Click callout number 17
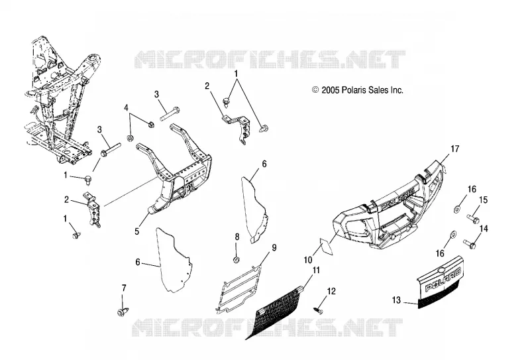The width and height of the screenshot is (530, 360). point(455,149)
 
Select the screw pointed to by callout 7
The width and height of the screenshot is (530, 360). point(121,312)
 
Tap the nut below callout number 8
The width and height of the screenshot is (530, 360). point(237,260)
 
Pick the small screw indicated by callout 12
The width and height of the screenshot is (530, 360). point(319,309)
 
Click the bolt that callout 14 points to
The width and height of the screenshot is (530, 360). point(470,243)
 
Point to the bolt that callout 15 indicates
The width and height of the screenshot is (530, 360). point(473,218)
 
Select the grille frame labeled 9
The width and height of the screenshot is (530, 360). point(238,289)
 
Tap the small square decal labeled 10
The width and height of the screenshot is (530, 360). point(327,247)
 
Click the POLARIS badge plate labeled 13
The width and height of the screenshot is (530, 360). point(439,281)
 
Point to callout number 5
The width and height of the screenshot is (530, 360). point(137,231)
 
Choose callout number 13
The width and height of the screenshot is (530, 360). point(396,300)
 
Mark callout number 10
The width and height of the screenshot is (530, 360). point(308,260)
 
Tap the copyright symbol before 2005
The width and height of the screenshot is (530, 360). point(315,90)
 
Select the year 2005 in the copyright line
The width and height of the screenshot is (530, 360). point(331,90)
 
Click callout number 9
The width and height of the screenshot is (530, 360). point(274,248)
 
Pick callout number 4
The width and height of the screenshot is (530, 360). point(126,108)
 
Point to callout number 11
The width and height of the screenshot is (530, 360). point(316,270)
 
